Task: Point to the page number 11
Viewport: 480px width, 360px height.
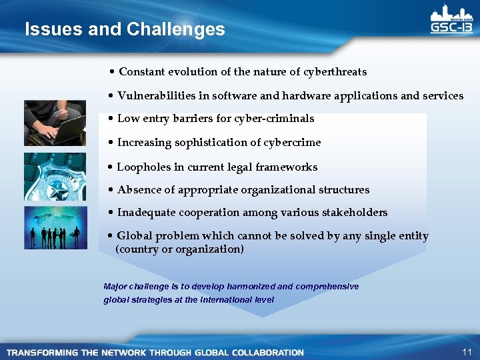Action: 465,351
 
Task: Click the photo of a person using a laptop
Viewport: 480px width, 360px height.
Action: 55,122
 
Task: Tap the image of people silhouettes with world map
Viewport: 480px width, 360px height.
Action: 55,227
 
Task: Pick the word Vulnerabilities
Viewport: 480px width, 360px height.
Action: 158,95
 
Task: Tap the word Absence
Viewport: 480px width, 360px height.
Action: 138,189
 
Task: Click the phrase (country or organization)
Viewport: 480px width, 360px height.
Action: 180,249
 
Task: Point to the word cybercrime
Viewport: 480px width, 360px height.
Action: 292,142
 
